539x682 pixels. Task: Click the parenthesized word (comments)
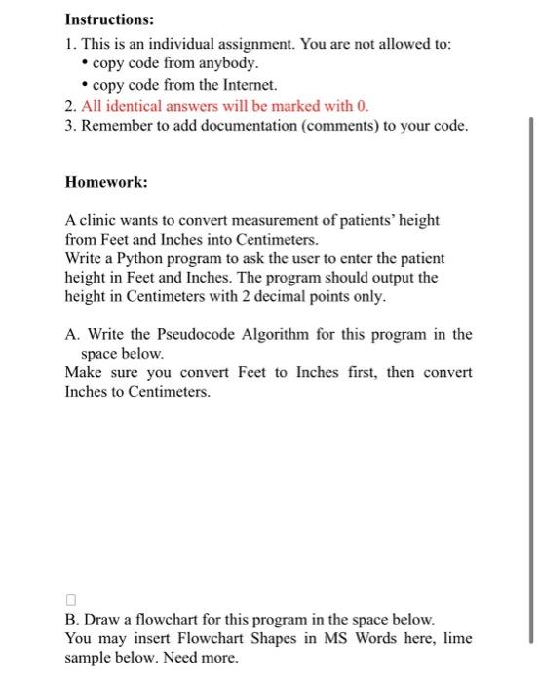tap(345, 127)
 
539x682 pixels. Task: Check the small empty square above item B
tap(70, 599)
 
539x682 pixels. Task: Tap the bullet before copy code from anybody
tap(83, 63)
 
